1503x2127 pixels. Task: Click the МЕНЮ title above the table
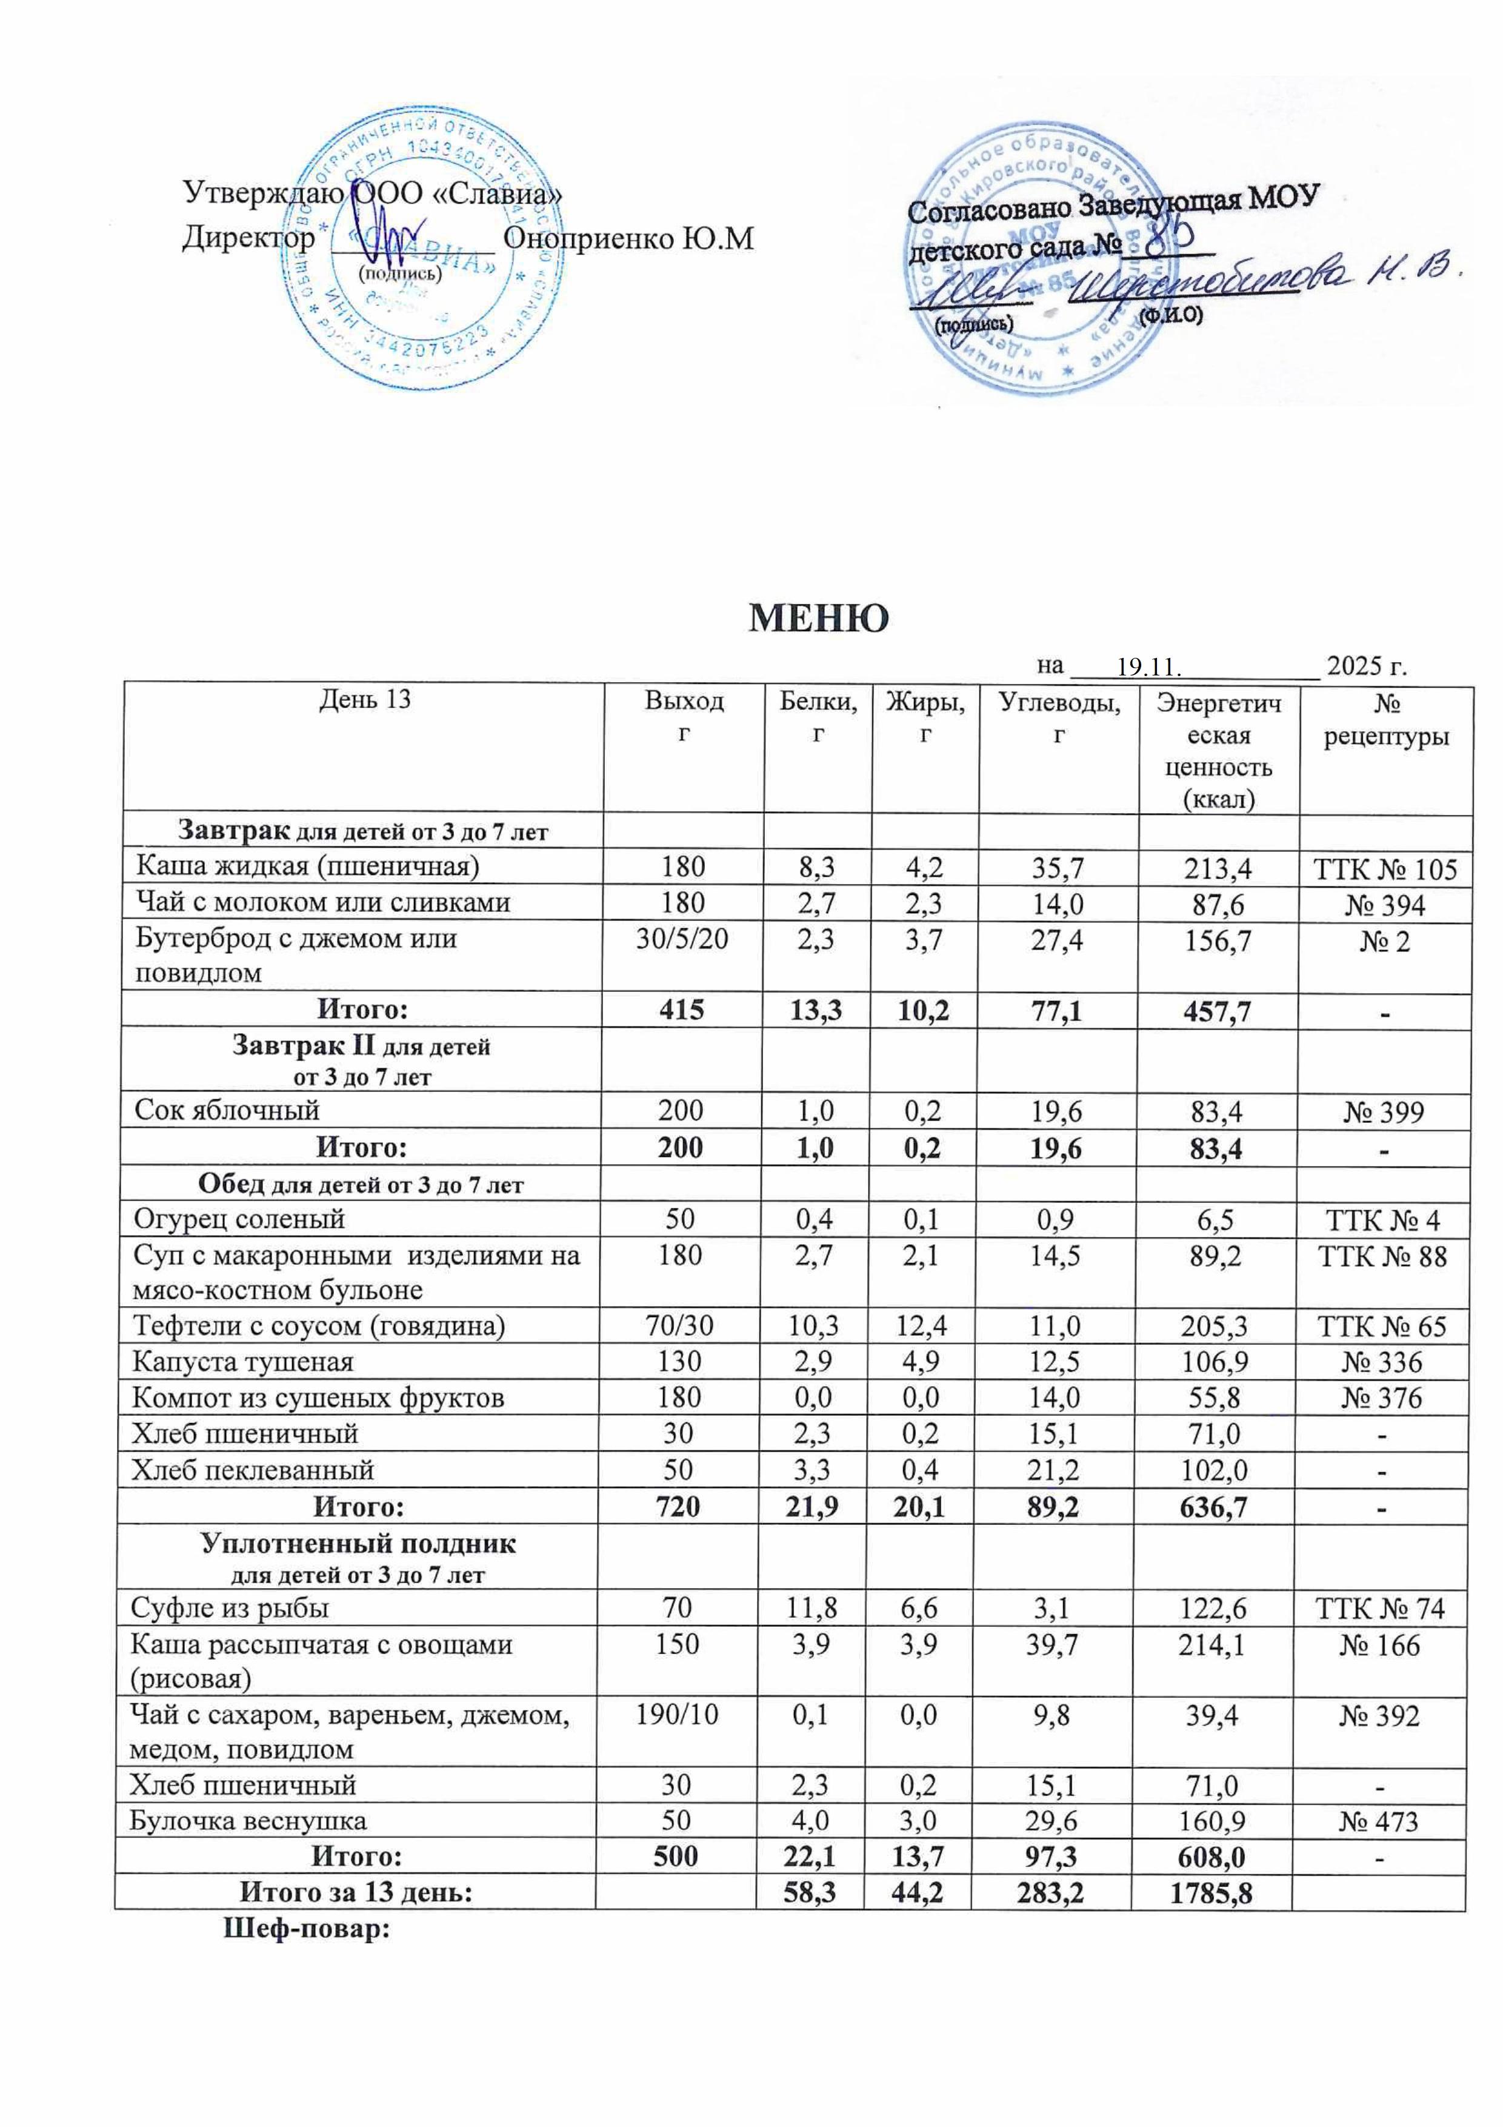[818, 617]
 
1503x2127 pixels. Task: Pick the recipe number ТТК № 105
[1385, 869]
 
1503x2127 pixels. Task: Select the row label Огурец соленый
[239, 1218]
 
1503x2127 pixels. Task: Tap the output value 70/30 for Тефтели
[682, 1325]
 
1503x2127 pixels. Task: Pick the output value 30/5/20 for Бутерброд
[682, 939]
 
